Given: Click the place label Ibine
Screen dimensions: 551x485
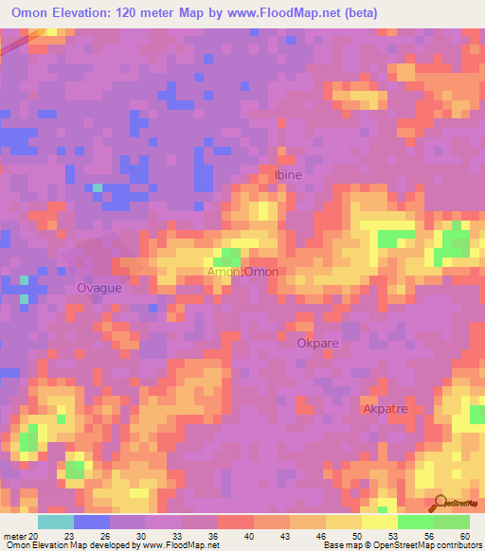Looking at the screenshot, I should pyautogui.click(x=290, y=175).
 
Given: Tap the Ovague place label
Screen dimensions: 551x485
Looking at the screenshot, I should pyautogui.click(x=99, y=288).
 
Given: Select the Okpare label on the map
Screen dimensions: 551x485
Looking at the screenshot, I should pyautogui.click(x=316, y=344).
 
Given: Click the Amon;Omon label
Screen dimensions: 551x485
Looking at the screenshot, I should pyautogui.click(x=243, y=272).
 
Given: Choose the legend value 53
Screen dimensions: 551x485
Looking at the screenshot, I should pyautogui.click(x=395, y=536).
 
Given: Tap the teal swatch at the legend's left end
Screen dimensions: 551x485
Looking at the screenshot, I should pyautogui.click(x=56, y=522).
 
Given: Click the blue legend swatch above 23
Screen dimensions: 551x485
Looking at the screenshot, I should pyautogui.click(x=92, y=522).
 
